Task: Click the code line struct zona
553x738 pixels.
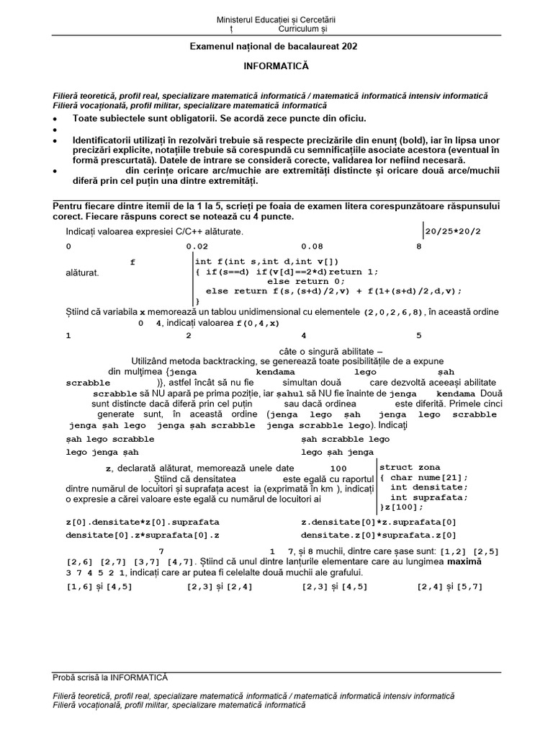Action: pos(409,468)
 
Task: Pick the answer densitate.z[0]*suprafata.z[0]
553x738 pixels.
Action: pos(379,535)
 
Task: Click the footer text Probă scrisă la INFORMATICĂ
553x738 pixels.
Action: pos(110,677)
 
